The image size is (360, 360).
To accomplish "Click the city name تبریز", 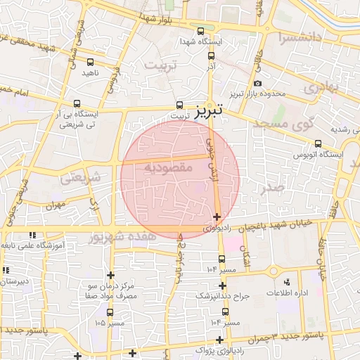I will [209, 110].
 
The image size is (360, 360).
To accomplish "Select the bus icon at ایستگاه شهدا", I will [201, 31].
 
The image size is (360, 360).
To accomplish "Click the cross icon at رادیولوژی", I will [217, 217].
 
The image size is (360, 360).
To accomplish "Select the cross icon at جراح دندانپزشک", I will [223, 285].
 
